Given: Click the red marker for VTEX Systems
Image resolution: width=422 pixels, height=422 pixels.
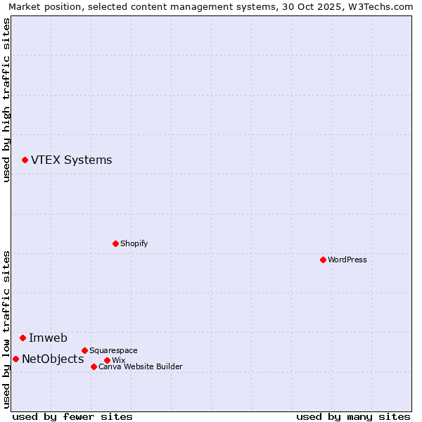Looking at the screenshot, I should [25, 160].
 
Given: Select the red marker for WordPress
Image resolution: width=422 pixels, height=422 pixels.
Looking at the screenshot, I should [323, 260].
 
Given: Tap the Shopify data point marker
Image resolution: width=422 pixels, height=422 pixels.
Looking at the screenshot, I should [115, 244].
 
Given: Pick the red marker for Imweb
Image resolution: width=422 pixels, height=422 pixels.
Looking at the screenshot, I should [23, 338].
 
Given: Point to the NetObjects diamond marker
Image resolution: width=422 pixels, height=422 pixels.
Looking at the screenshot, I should [15, 359].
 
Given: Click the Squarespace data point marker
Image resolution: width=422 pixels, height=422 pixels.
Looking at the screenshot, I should [84, 350].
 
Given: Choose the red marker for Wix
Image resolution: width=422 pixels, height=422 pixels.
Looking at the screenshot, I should [107, 361].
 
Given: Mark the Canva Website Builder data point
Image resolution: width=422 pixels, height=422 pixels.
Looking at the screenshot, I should [94, 366].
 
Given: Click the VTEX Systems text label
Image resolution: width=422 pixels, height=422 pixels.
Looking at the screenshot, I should [71, 160].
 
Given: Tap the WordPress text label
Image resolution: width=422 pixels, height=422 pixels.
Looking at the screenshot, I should [347, 260].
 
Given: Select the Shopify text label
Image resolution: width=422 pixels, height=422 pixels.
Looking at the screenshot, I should [134, 244].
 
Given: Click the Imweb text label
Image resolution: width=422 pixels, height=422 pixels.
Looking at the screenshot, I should [48, 338].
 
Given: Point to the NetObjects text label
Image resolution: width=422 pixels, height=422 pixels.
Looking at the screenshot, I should [53, 359].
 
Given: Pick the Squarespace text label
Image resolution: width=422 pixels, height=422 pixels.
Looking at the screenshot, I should [113, 350].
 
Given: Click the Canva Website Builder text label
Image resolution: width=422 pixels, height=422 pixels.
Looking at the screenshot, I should [140, 366].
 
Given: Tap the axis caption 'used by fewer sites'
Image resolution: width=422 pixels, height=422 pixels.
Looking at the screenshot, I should [72, 416].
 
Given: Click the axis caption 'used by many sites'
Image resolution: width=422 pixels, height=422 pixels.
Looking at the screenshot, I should [353, 416].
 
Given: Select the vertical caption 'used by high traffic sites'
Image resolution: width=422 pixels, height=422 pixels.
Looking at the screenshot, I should [7, 100].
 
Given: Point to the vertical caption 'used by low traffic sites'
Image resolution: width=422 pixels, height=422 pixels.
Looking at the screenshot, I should [7, 329].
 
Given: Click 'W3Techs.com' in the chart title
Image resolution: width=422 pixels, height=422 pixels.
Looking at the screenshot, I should [378, 6].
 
